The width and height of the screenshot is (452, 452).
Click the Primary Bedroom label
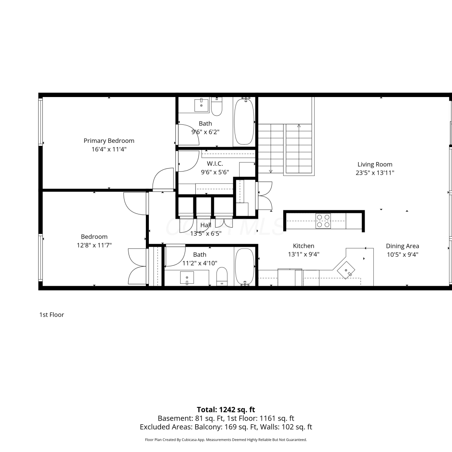point(109,141)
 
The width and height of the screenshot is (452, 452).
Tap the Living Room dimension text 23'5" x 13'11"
point(375,173)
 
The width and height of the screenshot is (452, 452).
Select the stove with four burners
point(323,221)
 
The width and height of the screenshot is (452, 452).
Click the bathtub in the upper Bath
point(244,121)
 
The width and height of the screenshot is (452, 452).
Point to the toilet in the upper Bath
point(217,107)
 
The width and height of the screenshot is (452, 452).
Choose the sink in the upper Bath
point(202,105)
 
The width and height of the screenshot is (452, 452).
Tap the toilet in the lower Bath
point(222,276)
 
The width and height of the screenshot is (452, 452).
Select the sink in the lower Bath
point(187,277)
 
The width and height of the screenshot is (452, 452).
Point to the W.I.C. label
point(215,164)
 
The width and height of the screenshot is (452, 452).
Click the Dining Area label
point(403,246)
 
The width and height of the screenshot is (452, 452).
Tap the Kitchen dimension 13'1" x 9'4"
point(303,254)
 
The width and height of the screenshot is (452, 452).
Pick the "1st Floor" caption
point(52,315)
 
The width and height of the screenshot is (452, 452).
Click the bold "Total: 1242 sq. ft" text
point(226,410)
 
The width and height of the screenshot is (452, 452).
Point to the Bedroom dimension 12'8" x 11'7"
point(94,245)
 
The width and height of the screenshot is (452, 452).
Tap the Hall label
point(206,225)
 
